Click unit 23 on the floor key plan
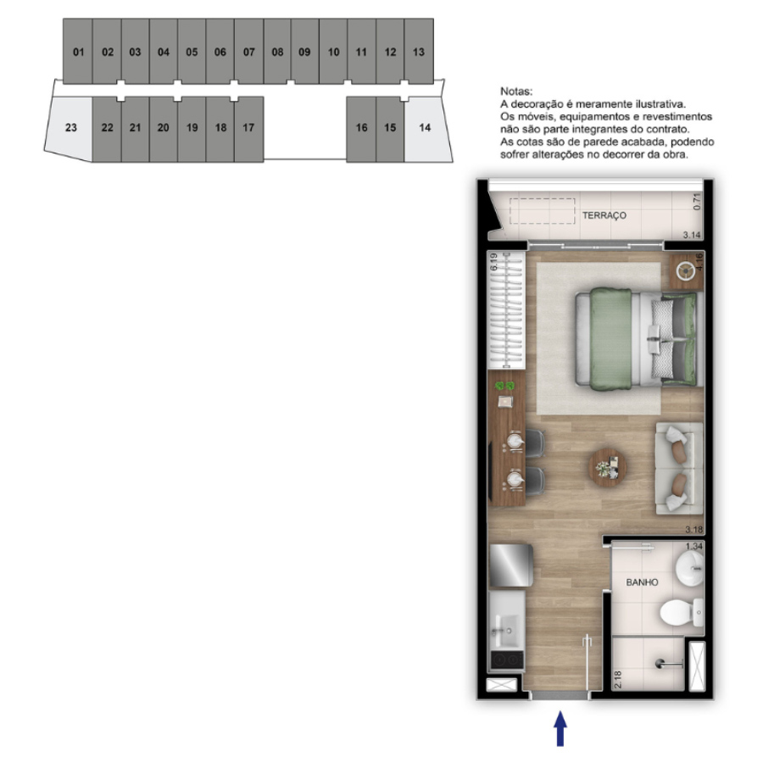point(70,127)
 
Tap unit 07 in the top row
point(249,51)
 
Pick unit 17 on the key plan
point(249,129)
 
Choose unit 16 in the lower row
point(361,129)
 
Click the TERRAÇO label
point(604,215)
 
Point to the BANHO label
point(642,582)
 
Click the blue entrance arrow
point(560,728)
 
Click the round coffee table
point(608,468)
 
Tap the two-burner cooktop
point(507,660)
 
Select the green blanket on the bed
point(611,339)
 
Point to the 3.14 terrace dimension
point(692,235)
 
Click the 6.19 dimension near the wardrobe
point(494,261)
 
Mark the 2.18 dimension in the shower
point(618,679)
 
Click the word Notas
point(516,91)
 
